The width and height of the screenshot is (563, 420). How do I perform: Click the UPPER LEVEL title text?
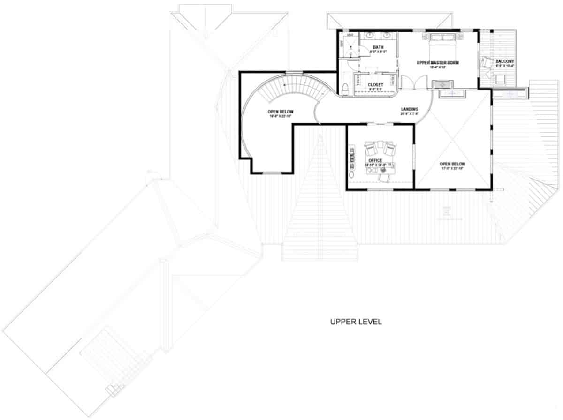(x=356, y=322)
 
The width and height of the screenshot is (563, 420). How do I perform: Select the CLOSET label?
(x=375, y=85)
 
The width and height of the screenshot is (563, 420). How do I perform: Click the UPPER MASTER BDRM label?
(x=437, y=62)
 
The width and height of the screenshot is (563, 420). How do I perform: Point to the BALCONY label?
(x=505, y=61)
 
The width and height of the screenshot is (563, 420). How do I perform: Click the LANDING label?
(x=409, y=109)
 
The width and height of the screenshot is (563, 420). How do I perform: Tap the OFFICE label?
(x=375, y=160)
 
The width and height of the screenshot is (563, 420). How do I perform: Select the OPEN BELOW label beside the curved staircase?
(x=281, y=112)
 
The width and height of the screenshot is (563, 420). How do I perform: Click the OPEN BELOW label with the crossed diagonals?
(x=452, y=164)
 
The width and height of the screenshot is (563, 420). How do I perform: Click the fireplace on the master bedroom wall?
(x=443, y=84)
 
